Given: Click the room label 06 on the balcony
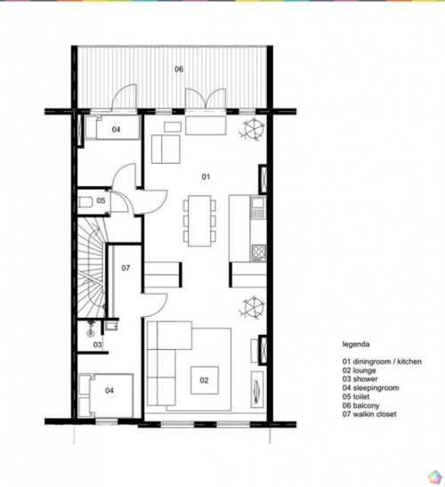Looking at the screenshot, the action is (x=179, y=69).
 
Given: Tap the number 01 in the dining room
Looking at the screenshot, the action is (x=206, y=176).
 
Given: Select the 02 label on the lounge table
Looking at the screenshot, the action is (x=204, y=380).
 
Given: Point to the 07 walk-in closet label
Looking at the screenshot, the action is (x=125, y=268).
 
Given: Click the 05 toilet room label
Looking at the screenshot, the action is (x=101, y=200).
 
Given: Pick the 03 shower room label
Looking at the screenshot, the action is (x=98, y=345).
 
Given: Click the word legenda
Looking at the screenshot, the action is (x=356, y=345).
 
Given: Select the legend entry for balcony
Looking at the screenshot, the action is (x=360, y=405).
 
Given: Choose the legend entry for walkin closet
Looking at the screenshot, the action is (x=369, y=414).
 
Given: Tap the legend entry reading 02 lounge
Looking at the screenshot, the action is (x=359, y=370).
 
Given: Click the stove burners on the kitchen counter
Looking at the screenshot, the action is (x=259, y=253).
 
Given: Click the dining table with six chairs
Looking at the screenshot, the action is (x=199, y=221).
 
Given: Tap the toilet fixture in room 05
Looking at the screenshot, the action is (x=85, y=202).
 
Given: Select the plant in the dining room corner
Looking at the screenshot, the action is (x=253, y=129).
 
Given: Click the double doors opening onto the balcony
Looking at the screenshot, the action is (x=206, y=100).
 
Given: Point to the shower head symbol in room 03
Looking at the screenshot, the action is (x=91, y=329).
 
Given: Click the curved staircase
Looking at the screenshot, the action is (x=92, y=268).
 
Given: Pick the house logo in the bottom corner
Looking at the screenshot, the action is (x=434, y=477).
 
